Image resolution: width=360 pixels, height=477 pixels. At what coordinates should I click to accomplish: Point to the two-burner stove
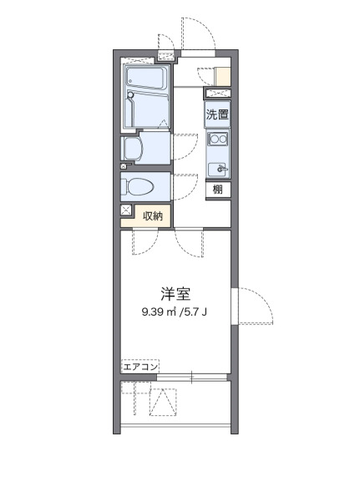click(218, 140)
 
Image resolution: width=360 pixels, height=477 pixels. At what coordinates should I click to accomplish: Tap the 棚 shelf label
click(217, 189)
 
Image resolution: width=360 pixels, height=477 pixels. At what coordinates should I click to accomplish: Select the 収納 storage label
click(152, 215)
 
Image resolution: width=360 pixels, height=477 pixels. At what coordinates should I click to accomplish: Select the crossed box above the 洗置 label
click(218, 94)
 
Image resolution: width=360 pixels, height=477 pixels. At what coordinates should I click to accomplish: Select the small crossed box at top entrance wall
click(168, 57)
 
